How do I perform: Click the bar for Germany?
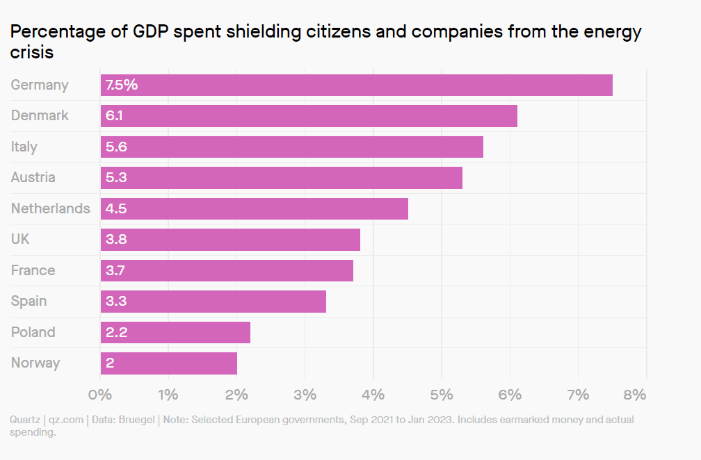coord(356,85)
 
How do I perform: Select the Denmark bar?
coord(309,116)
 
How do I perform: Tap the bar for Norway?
coord(169,363)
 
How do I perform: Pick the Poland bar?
coord(175,332)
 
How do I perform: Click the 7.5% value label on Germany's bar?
coord(122,85)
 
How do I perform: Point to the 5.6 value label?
coord(116,147)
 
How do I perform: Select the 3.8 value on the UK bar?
coord(116,240)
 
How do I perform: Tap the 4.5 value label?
coord(116,208)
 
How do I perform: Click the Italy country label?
coord(24,147)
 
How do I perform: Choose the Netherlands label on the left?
coord(51,208)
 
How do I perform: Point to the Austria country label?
coord(33,177)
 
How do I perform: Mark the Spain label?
coord(29,301)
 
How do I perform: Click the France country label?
coord(33,270)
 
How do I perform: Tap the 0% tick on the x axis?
coord(101,395)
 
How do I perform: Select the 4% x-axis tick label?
coord(373,395)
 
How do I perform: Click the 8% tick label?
coord(635,395)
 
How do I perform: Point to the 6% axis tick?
coord(510,395)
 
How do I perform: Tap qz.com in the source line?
coord(66,420)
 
